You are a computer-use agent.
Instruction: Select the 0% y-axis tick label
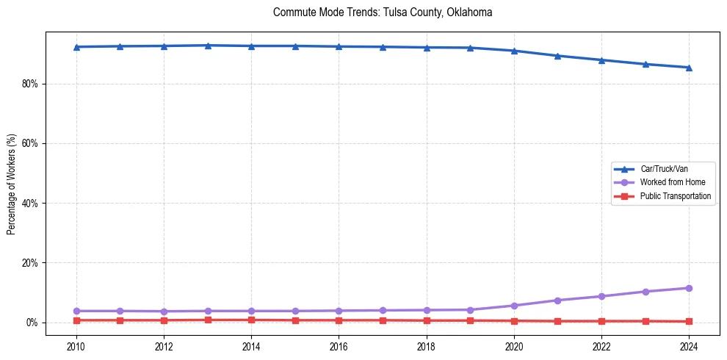pyautogui.click(x=32, y=323)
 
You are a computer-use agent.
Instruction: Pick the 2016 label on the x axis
pyautogui.click(x=339, y=346)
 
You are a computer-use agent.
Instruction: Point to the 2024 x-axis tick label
pyautogui.click(x=689, y=346)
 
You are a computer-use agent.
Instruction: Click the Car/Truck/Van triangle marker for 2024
pyautogui.click(x=689, y=68)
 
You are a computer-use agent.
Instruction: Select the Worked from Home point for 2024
pyautogui.click(x=689, y=288)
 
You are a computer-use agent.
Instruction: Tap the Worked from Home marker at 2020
pyautogui.click(x=514, y=306)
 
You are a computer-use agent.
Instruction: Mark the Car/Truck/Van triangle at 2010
pyautogui.click(x=76, y=47)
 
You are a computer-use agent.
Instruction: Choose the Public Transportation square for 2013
pyautogui.click(x=208, y=320)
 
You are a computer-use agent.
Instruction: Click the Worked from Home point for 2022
pyautogui.click(x=601, y=296)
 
